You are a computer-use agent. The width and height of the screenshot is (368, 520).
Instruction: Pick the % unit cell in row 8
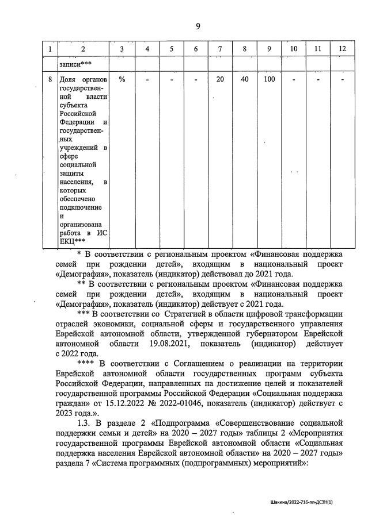click(122, 79)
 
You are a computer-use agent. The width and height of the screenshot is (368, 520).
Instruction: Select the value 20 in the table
click(220, 79)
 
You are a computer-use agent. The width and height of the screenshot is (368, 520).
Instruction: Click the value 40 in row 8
click(245, 79)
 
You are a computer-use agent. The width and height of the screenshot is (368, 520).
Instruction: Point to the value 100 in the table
click(269, 79)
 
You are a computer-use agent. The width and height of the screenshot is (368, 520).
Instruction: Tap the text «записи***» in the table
click(75, 64)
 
